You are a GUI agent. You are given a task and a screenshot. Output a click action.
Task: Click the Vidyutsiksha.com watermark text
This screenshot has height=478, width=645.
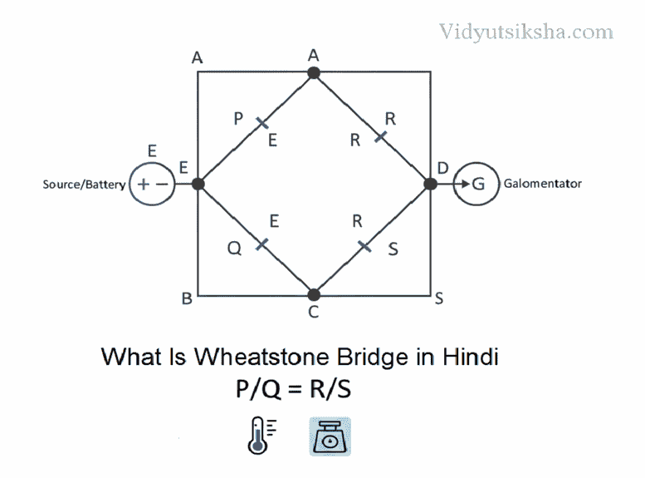coord(525,32)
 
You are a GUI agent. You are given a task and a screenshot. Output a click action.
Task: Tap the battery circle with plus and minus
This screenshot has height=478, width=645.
coord(152,184)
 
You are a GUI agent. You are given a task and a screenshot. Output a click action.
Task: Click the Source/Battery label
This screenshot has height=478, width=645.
coord(84,184)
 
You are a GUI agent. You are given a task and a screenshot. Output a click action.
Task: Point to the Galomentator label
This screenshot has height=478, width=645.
coord(543,184)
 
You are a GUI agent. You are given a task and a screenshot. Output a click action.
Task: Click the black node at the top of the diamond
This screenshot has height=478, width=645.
coord(314,73)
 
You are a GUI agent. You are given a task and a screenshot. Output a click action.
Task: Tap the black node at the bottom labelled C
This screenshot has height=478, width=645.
coord(314,294)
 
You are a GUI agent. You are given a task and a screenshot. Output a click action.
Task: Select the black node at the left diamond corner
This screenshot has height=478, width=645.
coord(198,184)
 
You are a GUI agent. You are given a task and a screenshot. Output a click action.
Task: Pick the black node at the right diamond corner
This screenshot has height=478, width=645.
coord(430,184)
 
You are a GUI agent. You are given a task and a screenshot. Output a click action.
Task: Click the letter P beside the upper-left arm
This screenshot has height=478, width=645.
coord(238,118)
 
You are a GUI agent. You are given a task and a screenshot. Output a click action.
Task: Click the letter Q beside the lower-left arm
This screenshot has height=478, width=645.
coord(235,248)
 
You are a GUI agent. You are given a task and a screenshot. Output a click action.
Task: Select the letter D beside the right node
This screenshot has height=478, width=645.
coord(443,168)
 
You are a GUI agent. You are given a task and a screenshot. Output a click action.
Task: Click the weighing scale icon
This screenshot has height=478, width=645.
coord(330,436)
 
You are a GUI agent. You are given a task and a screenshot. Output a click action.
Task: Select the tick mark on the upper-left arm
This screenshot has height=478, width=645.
coord(261,123)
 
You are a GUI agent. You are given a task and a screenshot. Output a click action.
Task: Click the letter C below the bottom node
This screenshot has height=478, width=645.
coord(314,313)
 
